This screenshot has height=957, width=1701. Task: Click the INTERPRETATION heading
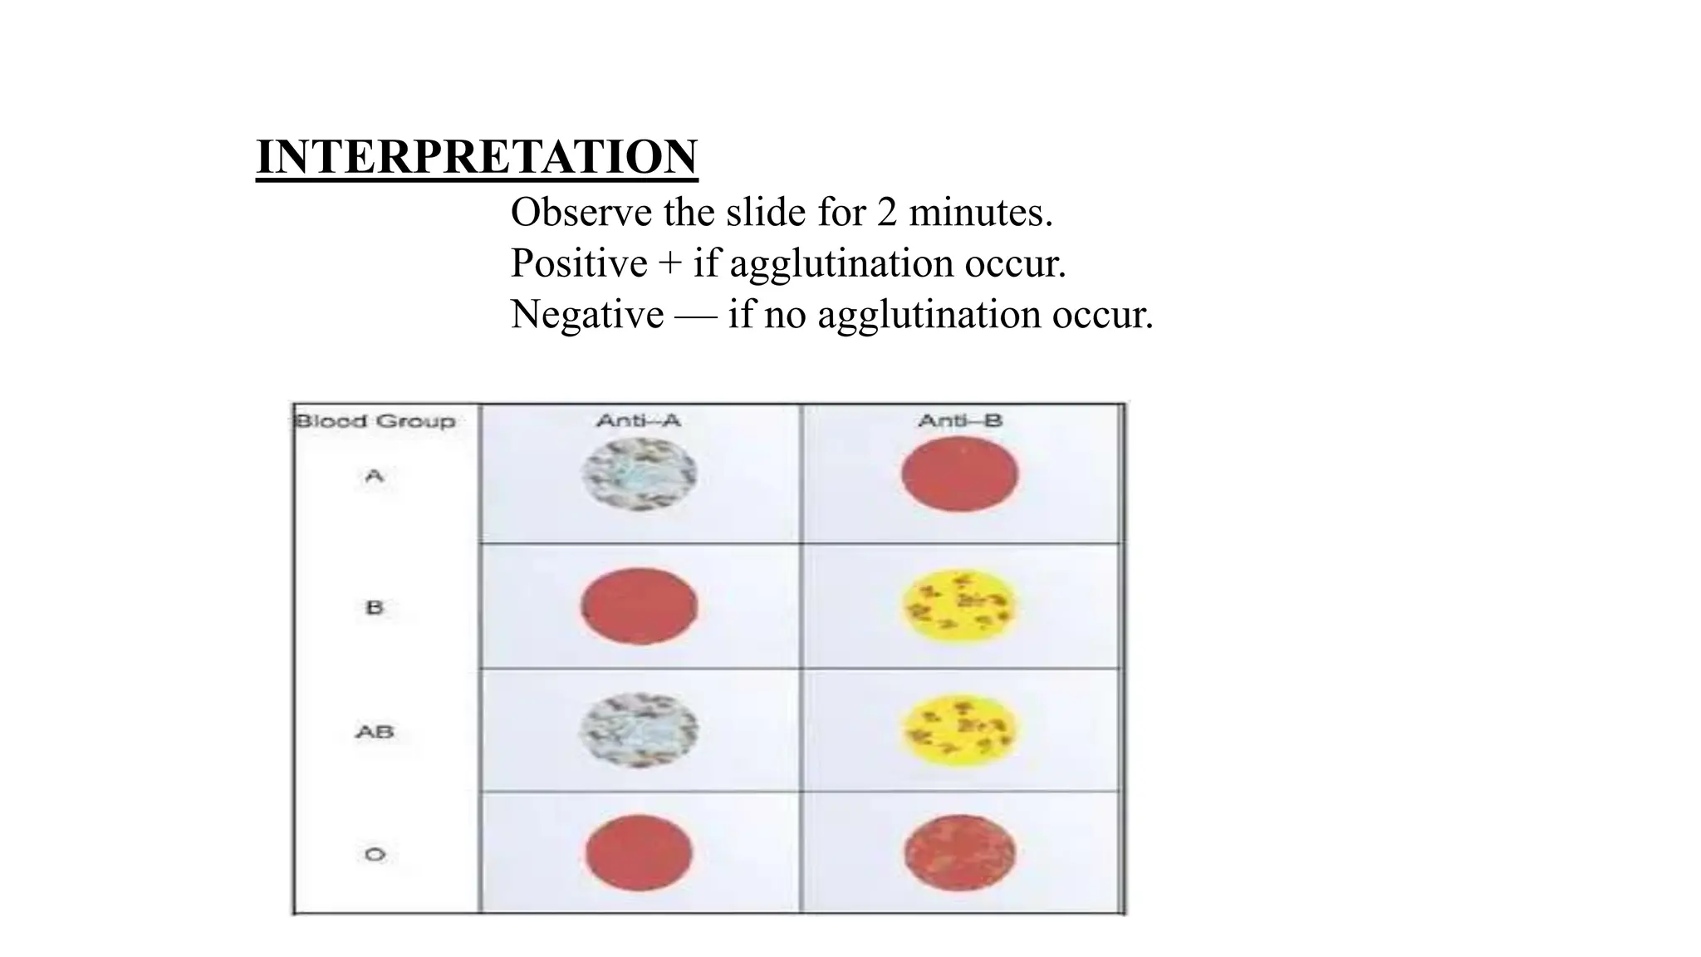click(477, 156)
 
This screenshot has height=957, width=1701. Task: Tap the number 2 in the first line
click(887, 213)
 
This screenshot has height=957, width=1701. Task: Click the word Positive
click(578, 263)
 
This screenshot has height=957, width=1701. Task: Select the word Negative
click(587, 315)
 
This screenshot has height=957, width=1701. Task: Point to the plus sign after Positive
click(669, 264)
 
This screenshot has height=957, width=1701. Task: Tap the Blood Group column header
click(375, 421)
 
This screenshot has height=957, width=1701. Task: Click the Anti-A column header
click(638, 421)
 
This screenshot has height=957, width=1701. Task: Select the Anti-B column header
click(960, 421)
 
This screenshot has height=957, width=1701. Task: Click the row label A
click(375, 476)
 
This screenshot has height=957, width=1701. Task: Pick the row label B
click(375, 607)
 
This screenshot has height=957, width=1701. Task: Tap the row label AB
click(375, 732)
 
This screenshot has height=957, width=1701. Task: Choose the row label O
click(375, 854)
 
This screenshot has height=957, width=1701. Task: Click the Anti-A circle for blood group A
click(639, 474)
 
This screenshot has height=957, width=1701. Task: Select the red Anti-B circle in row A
click(959, 474)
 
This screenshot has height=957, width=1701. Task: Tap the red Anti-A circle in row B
click(639, 606)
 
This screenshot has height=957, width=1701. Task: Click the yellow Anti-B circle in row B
click(959, 606)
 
